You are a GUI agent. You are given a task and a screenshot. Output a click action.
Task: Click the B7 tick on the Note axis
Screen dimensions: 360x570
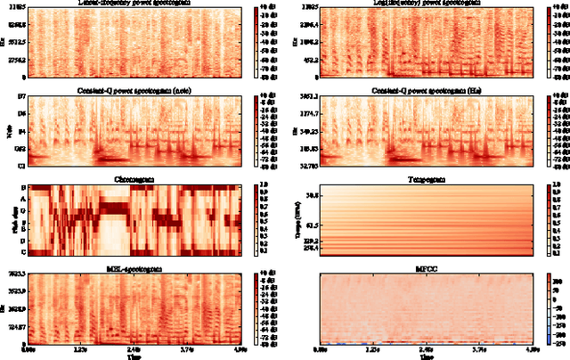[22, 95]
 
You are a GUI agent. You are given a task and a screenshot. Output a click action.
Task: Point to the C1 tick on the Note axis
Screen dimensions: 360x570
[22, 166]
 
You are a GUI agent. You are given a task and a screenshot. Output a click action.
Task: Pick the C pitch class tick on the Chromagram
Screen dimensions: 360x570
[24, 252]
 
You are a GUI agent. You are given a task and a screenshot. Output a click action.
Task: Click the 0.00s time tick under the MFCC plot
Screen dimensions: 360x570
[321, 350]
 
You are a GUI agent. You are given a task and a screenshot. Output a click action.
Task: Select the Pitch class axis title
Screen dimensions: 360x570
[10, 220]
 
